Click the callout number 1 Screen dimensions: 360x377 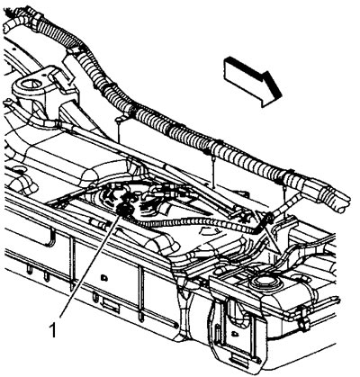point(54,330)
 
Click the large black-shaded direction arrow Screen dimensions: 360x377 point(254,81)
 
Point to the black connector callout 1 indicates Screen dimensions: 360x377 point(125,208)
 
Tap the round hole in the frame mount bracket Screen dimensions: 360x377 point(30,83)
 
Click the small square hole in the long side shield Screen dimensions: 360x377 point(104,277)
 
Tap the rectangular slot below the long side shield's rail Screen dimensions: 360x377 point(111,304)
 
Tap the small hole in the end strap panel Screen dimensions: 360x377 point(233,333)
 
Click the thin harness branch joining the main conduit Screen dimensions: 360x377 point(286,204)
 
